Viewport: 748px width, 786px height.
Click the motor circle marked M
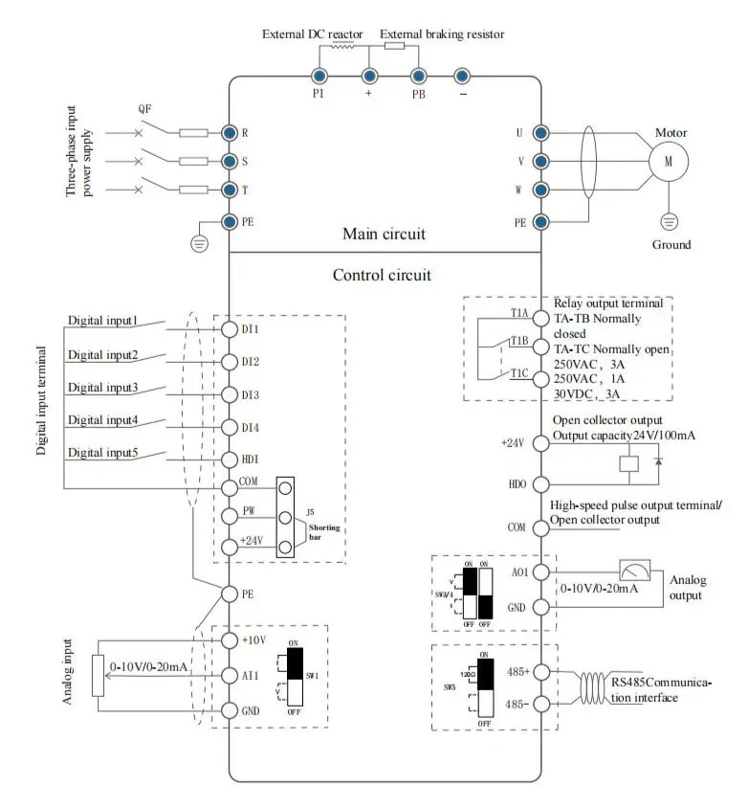pyautogui.click(x=670, y=162)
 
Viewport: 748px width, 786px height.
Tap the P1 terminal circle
pyautogui.click(x=319, y=75)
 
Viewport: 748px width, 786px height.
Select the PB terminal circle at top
pyautogui.click(x=417, y=75)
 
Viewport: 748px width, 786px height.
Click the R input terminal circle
pyautogui.click(x=230, y=132)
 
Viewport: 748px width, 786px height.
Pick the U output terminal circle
pyautogui.click(x=540, y=132)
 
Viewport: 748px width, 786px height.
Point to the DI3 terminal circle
pyautogui.click(x=230, y=394)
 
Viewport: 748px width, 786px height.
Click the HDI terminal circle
pyautogui.click(x=230, y=459)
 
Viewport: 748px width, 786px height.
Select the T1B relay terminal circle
pyautogui.click(x=540, y=346)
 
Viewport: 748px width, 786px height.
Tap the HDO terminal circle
pyautogui.click(x=540, y=484)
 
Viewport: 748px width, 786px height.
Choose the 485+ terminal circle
pyautogui.click(x=540, y=672)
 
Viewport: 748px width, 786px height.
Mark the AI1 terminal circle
pyautogui.click(x=230, y=675)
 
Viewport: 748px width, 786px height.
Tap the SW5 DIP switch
pyautogui.click(x=485, y=686)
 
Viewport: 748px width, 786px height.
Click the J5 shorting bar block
pyautogui.click(x=285, y=517)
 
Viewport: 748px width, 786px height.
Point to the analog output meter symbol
pyautogui.click(x=633, y=572)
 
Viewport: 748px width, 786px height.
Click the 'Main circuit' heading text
pyautogui.click(x=384, y=234)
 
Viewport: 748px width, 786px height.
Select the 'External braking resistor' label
pyautogui.click(x=442, y=34)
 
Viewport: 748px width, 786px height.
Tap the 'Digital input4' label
pyautogui.click(x=103, y=419)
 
